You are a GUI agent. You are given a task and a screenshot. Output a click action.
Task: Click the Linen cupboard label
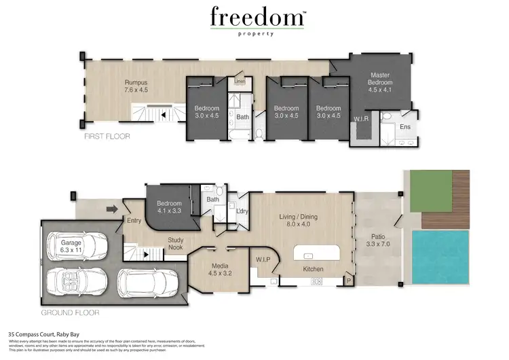tap(240, 82)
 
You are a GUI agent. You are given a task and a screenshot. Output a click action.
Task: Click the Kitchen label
tap(313, 270)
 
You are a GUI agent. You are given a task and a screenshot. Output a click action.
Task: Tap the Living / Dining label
tap(300, 221)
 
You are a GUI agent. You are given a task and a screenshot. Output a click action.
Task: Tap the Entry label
tap(134, 221)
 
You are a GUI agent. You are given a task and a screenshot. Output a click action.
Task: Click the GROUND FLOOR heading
tap(71, 313)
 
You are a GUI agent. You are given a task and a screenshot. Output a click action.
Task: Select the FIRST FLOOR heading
tap(107, 137)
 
